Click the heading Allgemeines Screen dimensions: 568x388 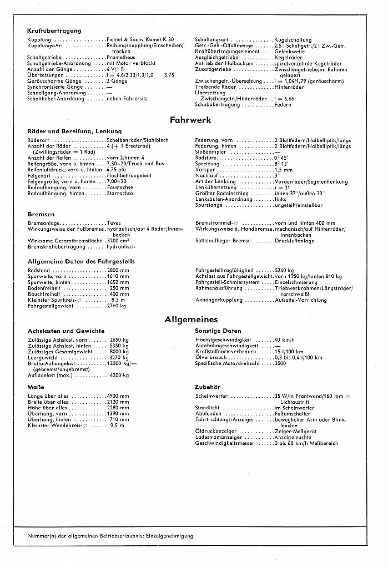click(x=191, y=319)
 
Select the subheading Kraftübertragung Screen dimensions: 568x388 click(x=54, y=31)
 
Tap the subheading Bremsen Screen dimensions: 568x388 click(x=41, y=214)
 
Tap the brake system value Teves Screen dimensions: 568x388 click(x=114, y=223)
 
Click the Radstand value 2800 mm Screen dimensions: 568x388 click(x=118, y=270)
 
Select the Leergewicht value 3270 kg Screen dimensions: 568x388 click(x=119, y=358)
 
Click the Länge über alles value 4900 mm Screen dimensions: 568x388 click(x=118, y=395)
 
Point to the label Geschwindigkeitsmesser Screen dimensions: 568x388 click(x=224, y=443)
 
